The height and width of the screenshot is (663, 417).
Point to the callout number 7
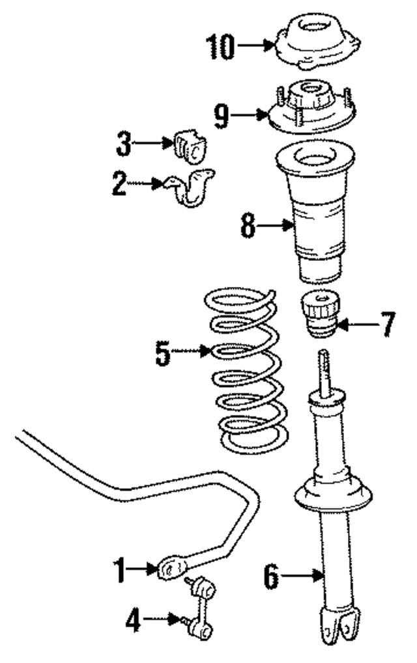tap(387, 323)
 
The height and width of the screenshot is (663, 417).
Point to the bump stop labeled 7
tap(319, 314)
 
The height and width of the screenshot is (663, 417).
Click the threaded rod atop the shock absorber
tap(324, 374)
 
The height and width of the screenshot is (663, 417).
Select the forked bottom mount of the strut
tap(343, 625)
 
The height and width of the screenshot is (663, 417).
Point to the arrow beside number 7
tap(357, 323)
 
